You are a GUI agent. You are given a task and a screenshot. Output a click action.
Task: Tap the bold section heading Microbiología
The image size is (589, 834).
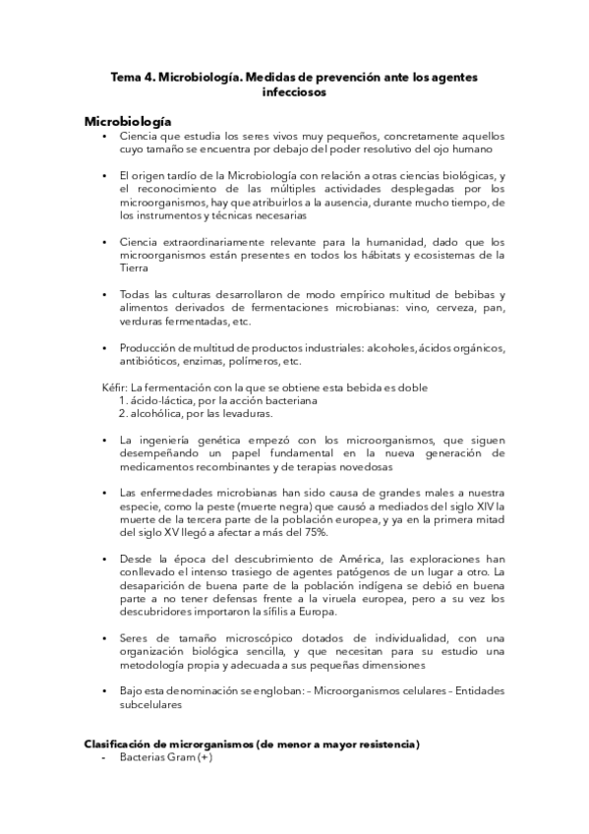click(128, 120)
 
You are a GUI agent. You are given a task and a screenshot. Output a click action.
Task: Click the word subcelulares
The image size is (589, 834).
click(152, 704)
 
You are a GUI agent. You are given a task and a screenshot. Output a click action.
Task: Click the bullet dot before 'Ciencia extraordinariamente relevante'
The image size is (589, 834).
click(105, 242)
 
